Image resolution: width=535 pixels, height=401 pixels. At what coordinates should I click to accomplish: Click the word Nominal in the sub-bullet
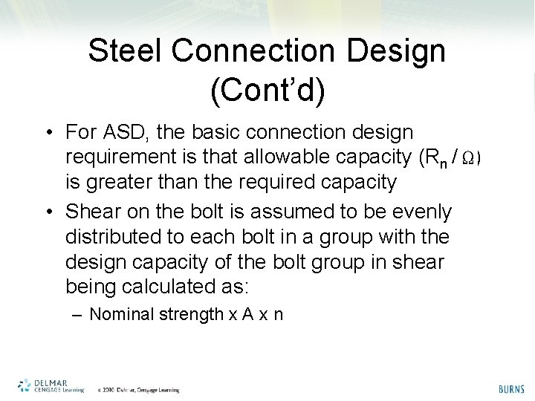click(123, 314)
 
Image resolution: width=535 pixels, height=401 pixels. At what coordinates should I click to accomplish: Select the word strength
click(192, 314)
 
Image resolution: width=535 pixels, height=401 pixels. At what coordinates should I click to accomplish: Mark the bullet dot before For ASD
click(47, 134)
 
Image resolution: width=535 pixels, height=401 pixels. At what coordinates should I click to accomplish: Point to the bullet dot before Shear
click(47, 212)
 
